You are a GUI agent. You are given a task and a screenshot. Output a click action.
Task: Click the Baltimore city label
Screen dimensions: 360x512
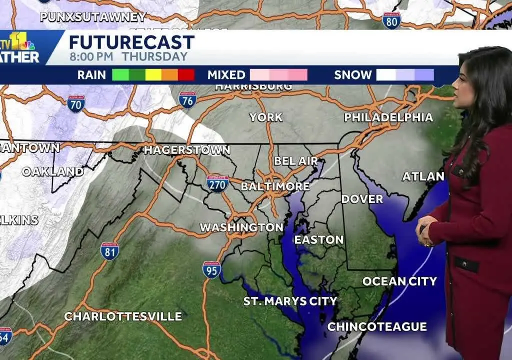point(275,186)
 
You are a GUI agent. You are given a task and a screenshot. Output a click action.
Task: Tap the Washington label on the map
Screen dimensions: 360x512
point(241,227)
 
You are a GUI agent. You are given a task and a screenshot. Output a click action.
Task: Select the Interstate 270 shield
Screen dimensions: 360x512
point(217,183)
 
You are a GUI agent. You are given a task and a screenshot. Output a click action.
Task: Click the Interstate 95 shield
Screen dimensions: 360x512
point(211,270)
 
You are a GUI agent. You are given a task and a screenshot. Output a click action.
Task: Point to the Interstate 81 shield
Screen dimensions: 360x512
point(109,251)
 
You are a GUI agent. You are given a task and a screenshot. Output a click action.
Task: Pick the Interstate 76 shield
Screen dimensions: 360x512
point(187,100)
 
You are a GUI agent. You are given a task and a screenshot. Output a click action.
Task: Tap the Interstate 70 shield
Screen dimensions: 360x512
point(76,104)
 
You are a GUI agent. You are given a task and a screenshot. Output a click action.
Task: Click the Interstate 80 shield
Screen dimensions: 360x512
point(391,21)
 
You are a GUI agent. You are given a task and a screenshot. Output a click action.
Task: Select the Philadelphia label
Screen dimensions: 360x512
point(388,117)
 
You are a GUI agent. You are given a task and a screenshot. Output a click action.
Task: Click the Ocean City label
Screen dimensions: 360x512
point(399,281)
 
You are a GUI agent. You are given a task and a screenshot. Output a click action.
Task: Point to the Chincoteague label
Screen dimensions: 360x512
point(377,327)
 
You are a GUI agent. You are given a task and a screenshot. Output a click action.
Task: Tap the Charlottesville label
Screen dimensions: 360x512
point(123,316)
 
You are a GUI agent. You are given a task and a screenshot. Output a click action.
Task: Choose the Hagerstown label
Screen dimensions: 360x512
point(187,150)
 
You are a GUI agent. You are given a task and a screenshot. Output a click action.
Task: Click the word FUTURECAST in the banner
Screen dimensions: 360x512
point(131,42)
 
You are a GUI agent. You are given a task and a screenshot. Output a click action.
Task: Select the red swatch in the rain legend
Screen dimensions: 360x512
point(186,75)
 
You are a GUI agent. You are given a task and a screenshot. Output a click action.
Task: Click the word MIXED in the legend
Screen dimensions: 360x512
point(226,75)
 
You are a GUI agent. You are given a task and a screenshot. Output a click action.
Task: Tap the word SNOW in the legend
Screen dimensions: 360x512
point(353,75)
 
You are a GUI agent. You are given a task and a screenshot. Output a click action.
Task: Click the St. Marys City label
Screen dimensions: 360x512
point(290,301)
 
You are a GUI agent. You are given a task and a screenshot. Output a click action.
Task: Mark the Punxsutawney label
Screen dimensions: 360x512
point(92,17)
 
